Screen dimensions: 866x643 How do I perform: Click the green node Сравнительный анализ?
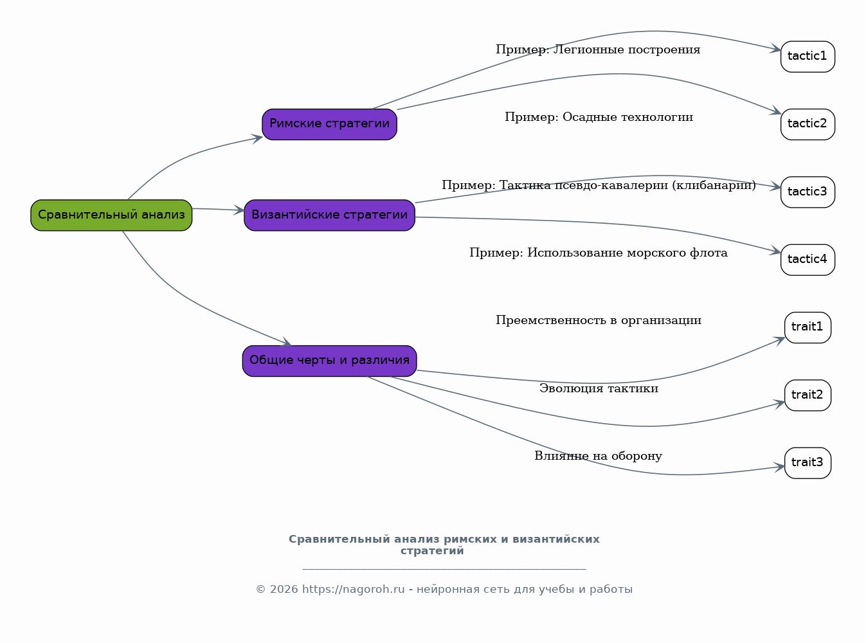click(111, 215)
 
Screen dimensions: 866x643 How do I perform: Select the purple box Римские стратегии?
click(330, 124)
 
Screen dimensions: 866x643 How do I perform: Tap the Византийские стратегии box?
click(330, 215)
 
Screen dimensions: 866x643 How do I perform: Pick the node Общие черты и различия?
click(330, 361)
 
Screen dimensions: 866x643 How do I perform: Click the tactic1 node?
click(807, 57)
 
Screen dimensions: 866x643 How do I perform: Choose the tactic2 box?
click(807, 124)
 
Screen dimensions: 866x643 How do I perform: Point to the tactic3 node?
click(807, 192)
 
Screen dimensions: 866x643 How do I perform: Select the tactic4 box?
click(807, 260)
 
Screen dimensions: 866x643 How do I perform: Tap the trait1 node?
click(807, 327)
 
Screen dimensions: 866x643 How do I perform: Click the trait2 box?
click(807, 395)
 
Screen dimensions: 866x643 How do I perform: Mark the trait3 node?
click(807, 463)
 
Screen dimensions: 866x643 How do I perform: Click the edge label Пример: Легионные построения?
click(598, 50)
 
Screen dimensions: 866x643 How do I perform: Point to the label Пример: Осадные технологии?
click(599, 117)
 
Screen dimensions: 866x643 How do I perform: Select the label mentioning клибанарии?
click(599, 185)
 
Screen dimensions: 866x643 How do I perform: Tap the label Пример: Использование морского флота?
click(598, 253)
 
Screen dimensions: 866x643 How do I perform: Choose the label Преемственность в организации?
click(599, 320)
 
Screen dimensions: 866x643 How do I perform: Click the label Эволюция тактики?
click(599, 388)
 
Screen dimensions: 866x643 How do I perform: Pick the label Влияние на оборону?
click(598, 456)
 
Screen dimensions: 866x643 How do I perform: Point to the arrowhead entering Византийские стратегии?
click(239, 210)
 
